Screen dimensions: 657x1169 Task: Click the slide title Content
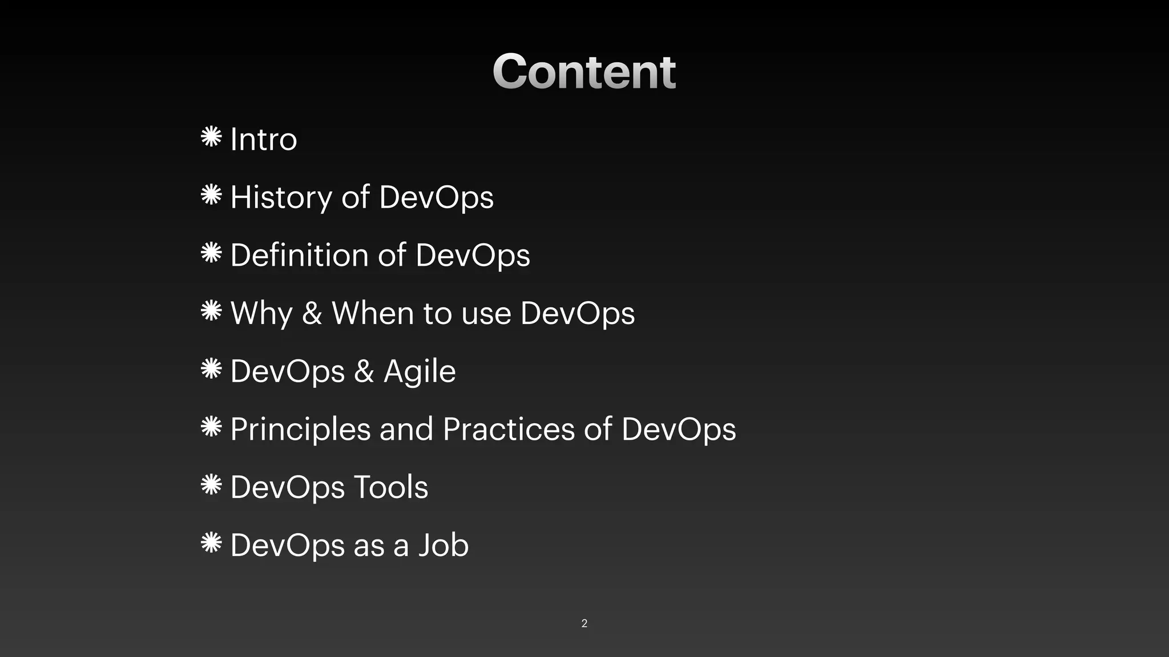(x=584, y=71)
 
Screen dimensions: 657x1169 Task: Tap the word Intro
(x=263, y=139)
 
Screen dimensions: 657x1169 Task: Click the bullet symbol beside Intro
(x=211, y=137)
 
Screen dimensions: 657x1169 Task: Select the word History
(x=281, y=197)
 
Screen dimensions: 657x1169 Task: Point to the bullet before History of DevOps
(x=211, y=195)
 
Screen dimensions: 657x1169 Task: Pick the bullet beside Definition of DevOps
(x=211, y=253)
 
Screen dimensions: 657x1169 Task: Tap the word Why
(x=261, y=314)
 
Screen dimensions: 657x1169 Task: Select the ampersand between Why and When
(x=312, y=314)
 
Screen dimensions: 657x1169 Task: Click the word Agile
(x=420, y=372)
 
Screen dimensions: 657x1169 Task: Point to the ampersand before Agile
(x=364, y=372)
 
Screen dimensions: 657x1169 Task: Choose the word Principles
(x=300, y=429)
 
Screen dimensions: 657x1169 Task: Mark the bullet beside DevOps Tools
(x=211, y=485)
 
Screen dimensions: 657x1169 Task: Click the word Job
(x=444, y=545)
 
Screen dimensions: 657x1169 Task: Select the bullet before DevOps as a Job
(x=211, y=542)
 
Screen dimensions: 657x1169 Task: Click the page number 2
(x=584, y=623)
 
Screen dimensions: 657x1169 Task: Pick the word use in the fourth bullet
(x=486, y=314)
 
